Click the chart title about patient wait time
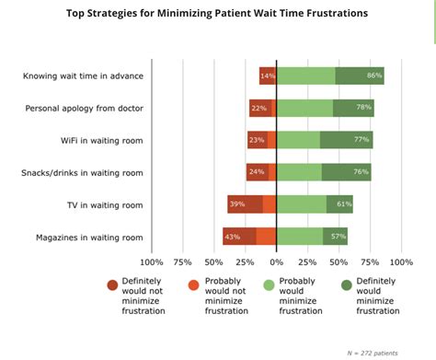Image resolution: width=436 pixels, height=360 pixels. click(218, 15)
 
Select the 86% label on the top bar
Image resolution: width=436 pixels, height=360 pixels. click(374, 75)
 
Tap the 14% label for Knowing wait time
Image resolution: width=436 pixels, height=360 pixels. click(268, 75)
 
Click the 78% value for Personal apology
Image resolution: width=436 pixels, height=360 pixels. click(364, 108)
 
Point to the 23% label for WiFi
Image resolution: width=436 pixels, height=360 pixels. click(256, 140)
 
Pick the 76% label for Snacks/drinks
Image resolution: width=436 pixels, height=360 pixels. click(361, 172)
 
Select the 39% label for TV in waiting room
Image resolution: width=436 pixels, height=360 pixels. click(237, 204)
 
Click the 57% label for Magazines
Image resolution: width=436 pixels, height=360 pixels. click(338, 237)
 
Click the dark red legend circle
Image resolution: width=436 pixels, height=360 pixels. click(113, 285)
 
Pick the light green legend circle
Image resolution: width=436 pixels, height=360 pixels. click(269, 285)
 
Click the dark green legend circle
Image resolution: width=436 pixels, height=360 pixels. click(347, 285)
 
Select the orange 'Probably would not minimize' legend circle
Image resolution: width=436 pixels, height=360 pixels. click(191, 285)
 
